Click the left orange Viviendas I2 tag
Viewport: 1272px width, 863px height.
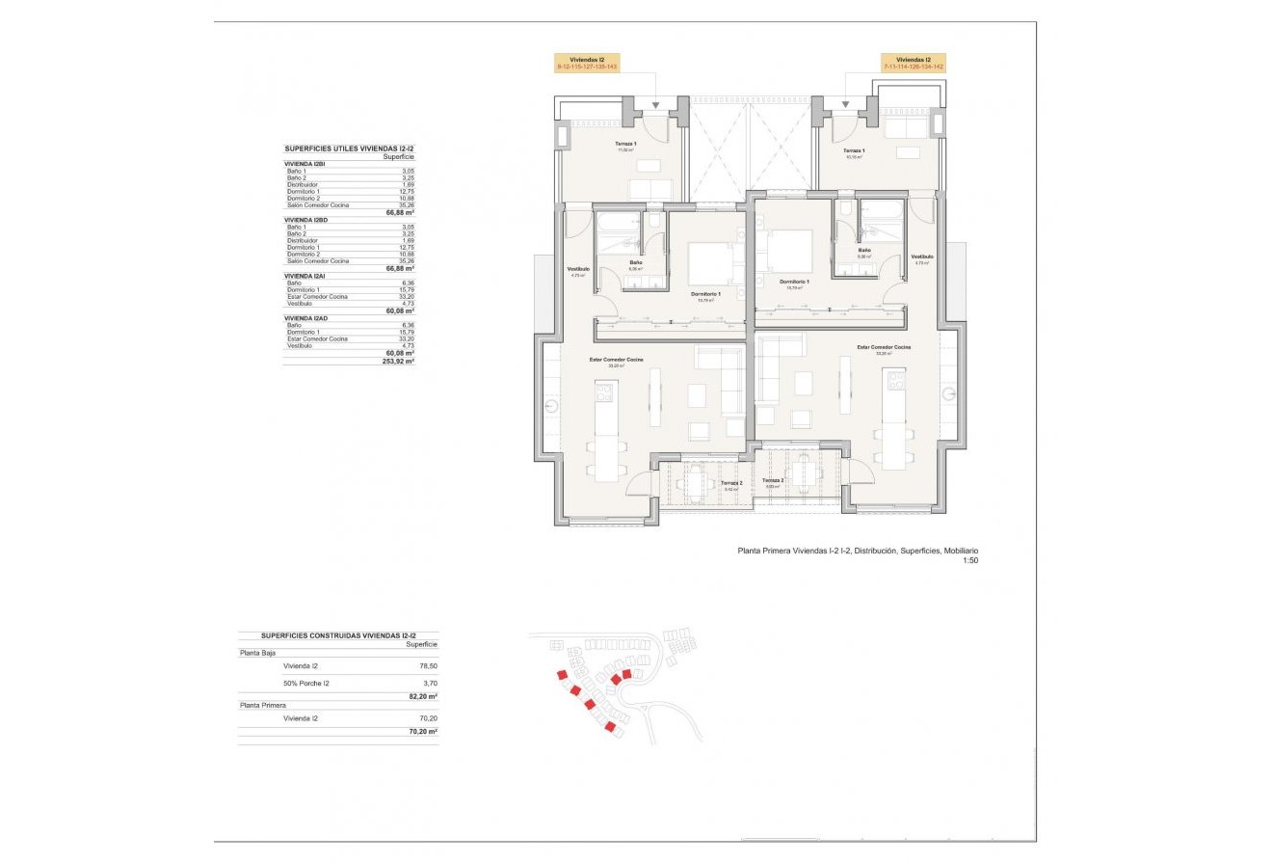pyautogui.click(x=587, y=63)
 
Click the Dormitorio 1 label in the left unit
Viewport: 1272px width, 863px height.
pyautogui.click(x=705, y=294)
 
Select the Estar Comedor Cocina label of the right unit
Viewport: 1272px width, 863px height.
pyautogui.click(x=884, y=347)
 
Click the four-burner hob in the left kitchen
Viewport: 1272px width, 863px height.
pyautogui.click(x=605, y=391)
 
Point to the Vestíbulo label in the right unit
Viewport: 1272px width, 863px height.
pyautogui.click(x=922, y=256)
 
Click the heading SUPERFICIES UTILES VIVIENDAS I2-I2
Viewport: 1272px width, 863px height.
pyautogui.click(x=349, y=148)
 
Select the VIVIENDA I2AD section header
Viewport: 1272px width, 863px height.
pyautogui.click(x=307, y=318)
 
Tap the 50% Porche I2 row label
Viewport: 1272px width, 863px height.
pyautogui.click(x=306, y=683)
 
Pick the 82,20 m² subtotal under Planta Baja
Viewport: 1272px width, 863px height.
pyautogui.click(x=422, y=696)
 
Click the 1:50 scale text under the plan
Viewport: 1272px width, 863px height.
pyautogui.click(x=969, y=560)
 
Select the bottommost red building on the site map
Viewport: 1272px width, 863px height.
pyautogui.click(x=610, y=725)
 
